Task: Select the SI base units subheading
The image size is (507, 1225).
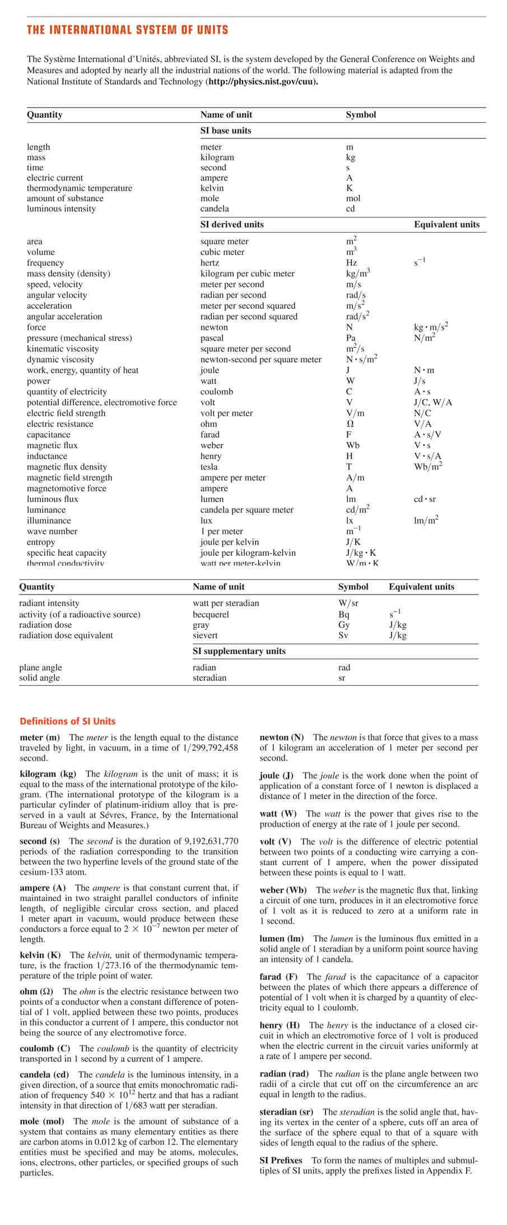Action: (x=226, y=131)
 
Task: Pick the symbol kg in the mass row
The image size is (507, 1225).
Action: (x=351, y=157)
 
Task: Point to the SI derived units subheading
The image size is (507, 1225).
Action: (x=232, y=224)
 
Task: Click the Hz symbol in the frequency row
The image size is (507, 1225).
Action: (x=352, y=263)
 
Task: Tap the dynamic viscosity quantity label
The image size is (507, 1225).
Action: (x=61, y=360)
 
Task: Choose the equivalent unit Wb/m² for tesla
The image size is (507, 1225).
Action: (x=428, y=467)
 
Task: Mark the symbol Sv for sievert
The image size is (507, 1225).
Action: (x=344, y=635)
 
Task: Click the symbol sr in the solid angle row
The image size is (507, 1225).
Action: (x=342, y=678)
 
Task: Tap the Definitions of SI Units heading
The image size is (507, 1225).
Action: (x=68, y=721)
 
